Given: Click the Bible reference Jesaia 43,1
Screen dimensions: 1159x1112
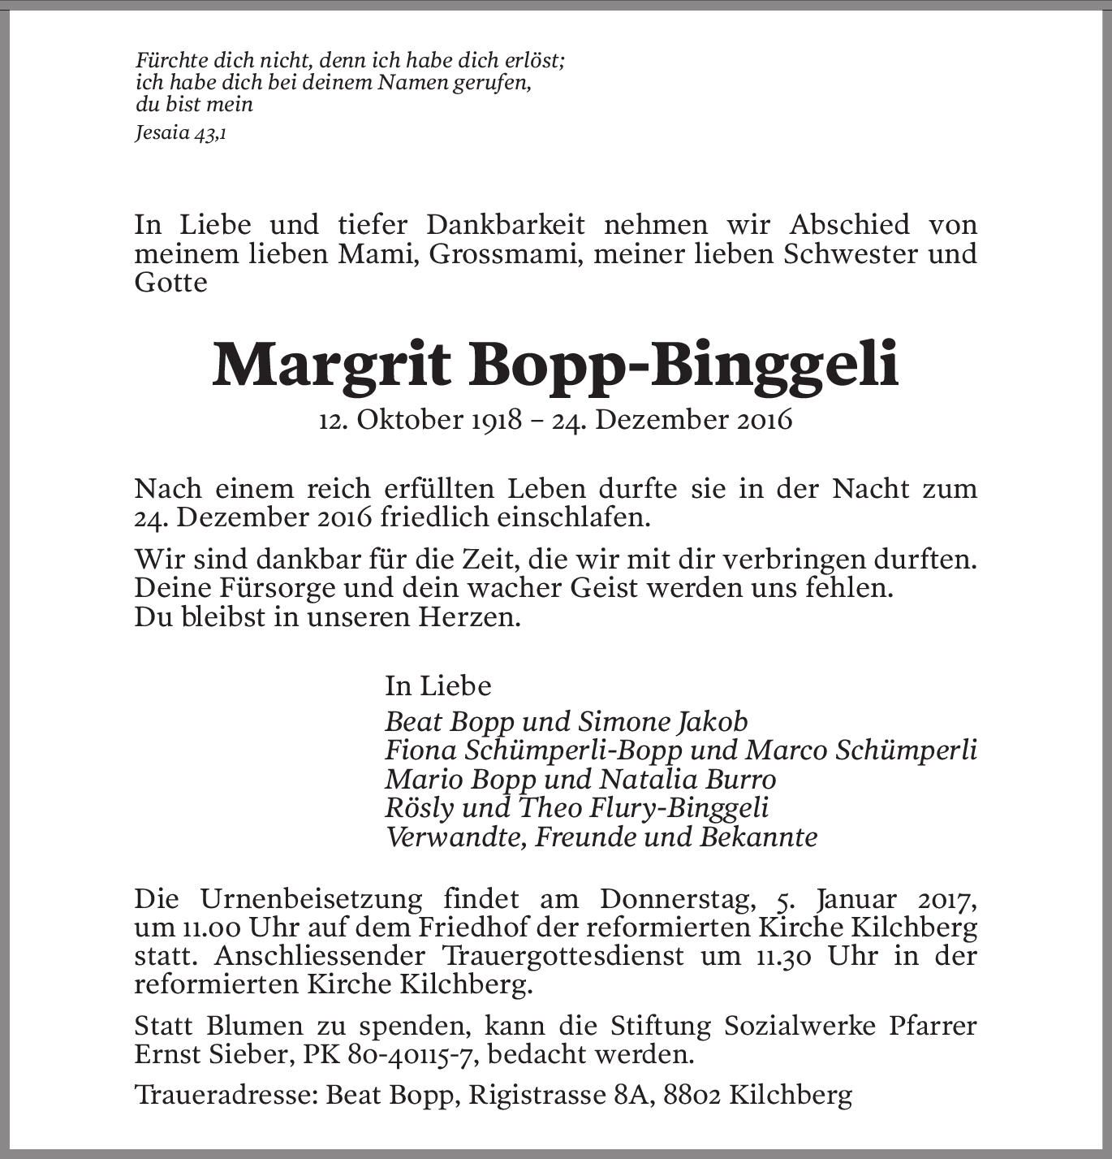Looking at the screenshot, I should pyautogui.click(x=180, y=133).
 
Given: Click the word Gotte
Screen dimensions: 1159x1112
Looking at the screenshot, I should pyautogui.click(x=170, y=283).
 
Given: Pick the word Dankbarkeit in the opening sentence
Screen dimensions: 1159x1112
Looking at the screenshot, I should pyautogui.click(x=506, y=225).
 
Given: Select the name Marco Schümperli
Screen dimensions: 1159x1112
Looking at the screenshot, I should pyautogui.click(x=860, y=750).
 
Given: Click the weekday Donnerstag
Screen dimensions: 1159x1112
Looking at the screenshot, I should pyautogui.click(x=678, y=899).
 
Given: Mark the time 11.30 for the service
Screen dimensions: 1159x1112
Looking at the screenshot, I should pyautogui.click(x=783, y=956).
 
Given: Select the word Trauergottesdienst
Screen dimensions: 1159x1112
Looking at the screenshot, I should pyautogui.click(x=563, y=956).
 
